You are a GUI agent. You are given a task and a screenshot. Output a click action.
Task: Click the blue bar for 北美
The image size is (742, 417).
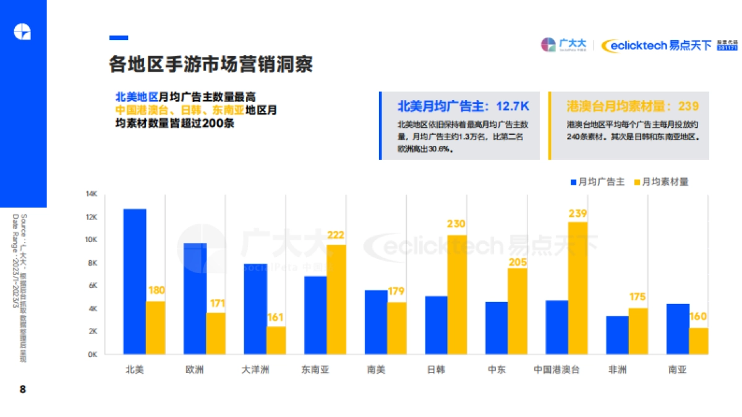pyautogui.click(x=135, y=282)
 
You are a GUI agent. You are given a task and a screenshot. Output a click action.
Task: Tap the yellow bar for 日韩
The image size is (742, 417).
pyautogui.click(x=457, y=295)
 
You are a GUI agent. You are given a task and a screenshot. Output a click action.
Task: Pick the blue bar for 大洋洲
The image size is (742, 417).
pyautogui.click(x=255, y=309)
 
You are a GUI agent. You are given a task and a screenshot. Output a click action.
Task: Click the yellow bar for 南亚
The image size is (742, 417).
pyautogui.click(x=698, y=341)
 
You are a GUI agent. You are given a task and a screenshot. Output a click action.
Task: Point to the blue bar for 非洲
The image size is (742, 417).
pyautogui.click(x=617, y=335)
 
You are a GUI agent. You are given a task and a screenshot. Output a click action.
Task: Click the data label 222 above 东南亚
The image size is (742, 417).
pyautogui.click(x=336, y=235)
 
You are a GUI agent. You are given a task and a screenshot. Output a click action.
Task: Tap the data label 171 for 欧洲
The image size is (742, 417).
pyautogui.click(x=216, y=303)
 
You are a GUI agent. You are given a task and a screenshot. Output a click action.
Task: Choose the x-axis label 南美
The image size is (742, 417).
pyautogui.click(x=376, y=370)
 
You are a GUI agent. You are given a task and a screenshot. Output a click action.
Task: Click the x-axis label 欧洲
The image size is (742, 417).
pyautogui.click(x=195, y=370)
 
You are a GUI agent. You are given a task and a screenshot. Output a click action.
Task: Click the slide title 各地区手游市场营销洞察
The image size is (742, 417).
pyautogui.click(x=211, y=64)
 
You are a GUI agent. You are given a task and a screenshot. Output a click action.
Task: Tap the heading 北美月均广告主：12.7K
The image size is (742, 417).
pyautogui.click(x=463, y=106)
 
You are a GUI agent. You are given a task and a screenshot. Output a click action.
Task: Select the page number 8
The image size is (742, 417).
pyautogui.click(x=23, y=389)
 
